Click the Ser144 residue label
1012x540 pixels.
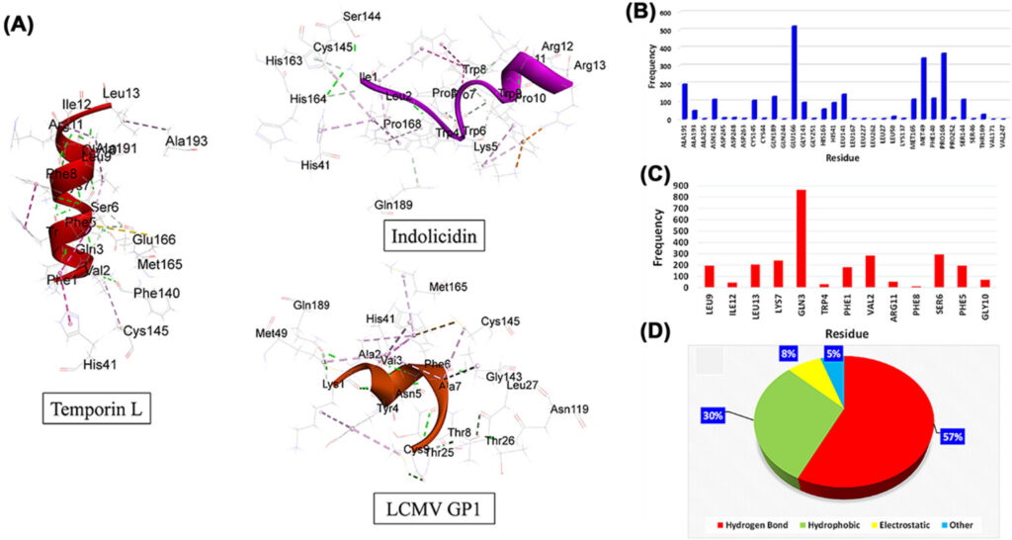[x=362, y=17]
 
